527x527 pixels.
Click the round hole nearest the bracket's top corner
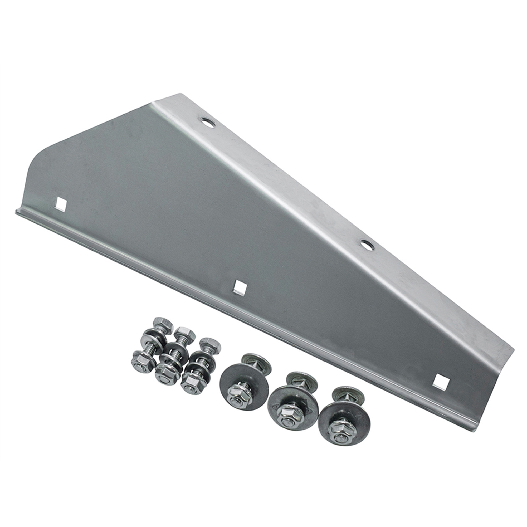coord(208,122)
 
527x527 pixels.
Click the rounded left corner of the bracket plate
coord(38,161)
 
